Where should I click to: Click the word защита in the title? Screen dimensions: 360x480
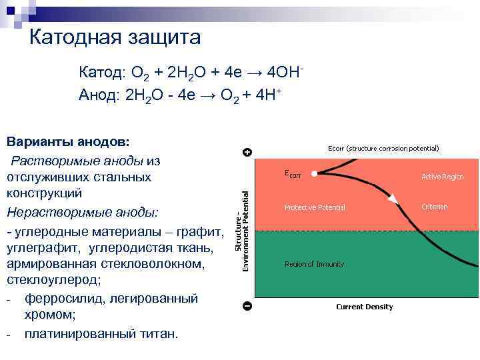click(x=163, y=38)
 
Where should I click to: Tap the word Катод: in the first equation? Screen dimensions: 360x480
click(x=102, y=73)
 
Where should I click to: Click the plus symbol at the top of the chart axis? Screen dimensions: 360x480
click(x=247, y=152)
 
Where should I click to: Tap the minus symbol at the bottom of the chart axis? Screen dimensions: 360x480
click(x=247, y=306)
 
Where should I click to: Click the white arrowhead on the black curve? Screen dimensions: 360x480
click(x=393, y=198)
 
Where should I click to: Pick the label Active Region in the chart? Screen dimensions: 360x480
click(x=442, y=177)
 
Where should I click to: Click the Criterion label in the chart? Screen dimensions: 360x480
click(x=435, y=207)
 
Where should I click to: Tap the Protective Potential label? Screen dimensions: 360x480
click(x=315, y=207)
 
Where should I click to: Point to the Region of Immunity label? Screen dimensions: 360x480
click(x=314, y=264)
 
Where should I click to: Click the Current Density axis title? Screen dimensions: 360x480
click(x=364, y=307)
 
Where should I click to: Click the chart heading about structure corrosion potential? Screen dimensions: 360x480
click(x=383, y=148)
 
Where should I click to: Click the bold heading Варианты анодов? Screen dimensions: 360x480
click(x=69, y=142)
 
